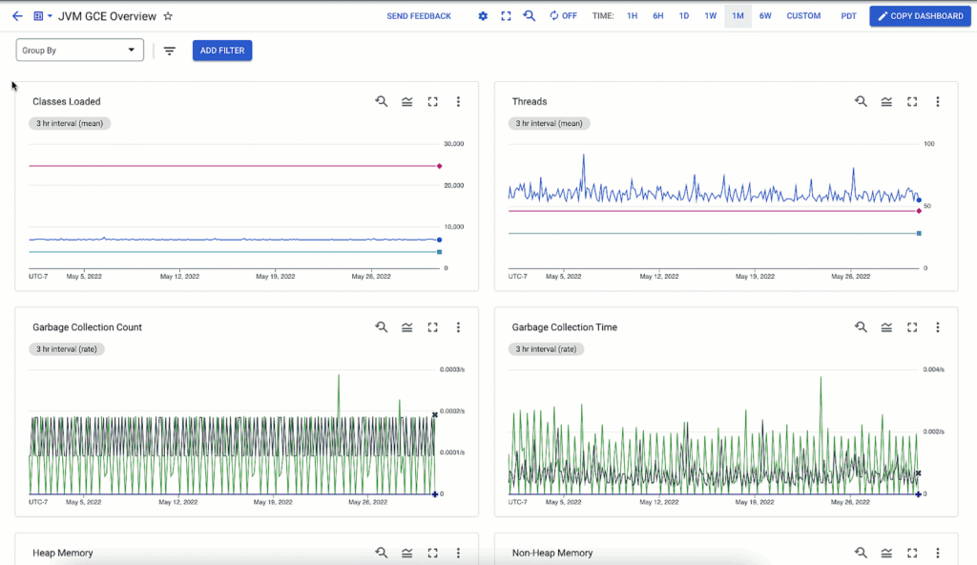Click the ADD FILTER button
(222, 51)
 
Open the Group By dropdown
(80, 51)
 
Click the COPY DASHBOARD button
(921, 16)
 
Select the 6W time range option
(765, 16)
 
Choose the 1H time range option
(632, 16)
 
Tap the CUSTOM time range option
(803, 16)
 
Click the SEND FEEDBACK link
(419, 16)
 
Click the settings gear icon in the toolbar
(483, 16)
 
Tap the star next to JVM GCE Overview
(168, 16)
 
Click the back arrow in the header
(17, 16)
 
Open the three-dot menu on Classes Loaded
(458, 101)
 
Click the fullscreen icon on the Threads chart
(912, 101)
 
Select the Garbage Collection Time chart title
(564, 327)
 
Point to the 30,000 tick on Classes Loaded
(453, 144)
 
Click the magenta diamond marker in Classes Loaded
(439, 166)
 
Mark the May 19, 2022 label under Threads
(756, 276)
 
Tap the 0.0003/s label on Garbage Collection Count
(452, 369)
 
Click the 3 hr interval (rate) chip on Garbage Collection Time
(548, 349)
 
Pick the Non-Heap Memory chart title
(552, 553)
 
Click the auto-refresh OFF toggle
(563, 16)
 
